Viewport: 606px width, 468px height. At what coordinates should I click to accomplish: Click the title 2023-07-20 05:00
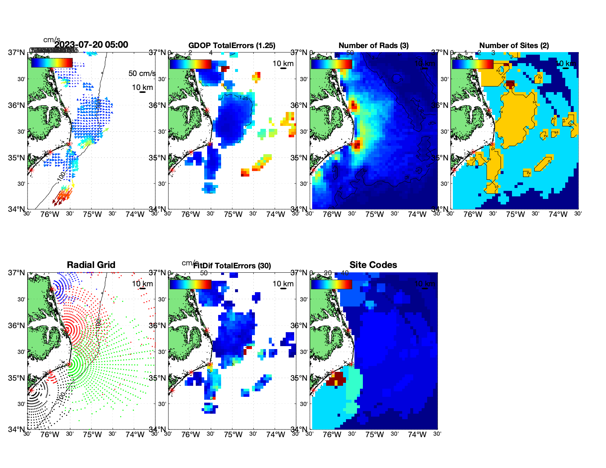coord(91,45)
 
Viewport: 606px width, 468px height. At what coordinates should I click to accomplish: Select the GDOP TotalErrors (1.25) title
coord(232,46)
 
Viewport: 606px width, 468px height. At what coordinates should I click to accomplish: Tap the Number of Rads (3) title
coord(374,46)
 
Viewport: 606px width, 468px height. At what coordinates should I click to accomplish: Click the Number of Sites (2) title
coord(514,46)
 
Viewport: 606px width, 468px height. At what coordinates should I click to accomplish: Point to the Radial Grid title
coord(91,265)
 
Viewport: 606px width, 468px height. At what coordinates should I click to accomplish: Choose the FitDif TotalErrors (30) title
coord(232,266)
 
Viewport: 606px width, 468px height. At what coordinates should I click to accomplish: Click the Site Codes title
coord(373,265)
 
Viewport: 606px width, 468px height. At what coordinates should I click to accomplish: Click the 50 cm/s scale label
coord(142,73)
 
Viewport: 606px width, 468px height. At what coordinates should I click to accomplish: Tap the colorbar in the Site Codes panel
coord(331,284)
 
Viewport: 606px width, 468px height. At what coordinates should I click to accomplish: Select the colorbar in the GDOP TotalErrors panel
coord(190,64)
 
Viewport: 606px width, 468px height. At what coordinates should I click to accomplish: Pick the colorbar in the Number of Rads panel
coord(331,64)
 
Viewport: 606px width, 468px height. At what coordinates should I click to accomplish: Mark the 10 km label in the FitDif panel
coord(283,284)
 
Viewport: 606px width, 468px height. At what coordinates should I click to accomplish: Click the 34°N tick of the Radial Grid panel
coord(16,429)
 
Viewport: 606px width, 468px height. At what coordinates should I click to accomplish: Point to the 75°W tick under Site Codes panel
coord(375,435)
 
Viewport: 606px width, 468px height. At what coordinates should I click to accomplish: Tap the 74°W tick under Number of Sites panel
coord(558,214)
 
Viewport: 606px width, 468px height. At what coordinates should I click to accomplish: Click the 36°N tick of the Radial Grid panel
coord(16,325)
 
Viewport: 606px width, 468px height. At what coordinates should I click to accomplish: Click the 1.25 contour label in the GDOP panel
coord(243,98)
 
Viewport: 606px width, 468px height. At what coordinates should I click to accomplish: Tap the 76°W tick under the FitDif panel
coord(191,435)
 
